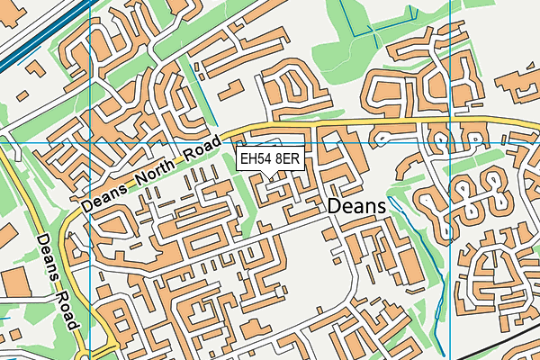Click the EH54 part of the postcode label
[256, 159]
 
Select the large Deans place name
[356, 207]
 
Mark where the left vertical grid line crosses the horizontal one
[92, 143]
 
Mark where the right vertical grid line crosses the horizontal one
[449, 143]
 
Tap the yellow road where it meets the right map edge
[535, 126]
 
